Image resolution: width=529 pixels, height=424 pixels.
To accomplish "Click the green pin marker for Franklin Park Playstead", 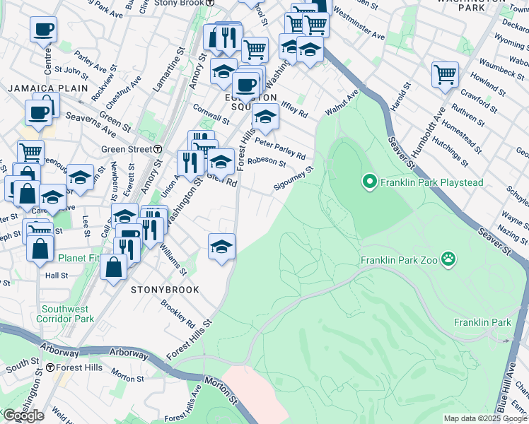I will tap(368, 182).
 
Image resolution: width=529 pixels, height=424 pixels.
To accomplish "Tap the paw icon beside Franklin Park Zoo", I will tap(448, 259).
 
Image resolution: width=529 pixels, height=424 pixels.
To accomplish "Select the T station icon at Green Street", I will tap(158, 149).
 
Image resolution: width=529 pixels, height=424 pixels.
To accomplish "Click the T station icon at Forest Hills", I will tap(50, 367).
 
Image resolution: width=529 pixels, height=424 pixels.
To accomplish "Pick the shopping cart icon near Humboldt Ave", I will tap(445, 73).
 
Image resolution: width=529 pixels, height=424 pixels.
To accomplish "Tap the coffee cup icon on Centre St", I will tap(43, 30).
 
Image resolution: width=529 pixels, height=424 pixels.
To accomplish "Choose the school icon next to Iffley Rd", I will tap(265, 117).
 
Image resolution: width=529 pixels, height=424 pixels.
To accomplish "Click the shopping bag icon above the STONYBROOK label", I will tap(113, 267).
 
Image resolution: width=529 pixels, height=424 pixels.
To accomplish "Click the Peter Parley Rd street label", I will tap(280, 149).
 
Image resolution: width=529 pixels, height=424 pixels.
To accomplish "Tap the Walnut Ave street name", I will tap(342, 102).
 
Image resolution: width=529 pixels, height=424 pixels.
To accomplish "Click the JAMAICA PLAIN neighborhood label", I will tap(47, 88).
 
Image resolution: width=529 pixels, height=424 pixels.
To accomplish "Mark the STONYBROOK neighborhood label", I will tap(164, 290).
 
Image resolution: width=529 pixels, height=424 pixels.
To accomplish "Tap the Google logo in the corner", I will tap(23, 416).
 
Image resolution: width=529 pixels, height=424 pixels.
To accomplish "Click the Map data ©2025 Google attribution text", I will tap(485, 418).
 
